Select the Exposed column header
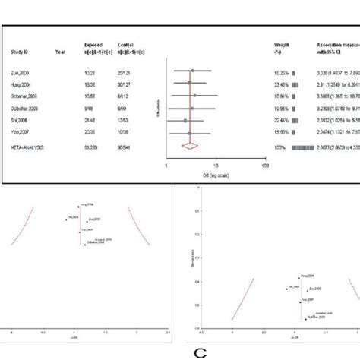pyautogui.click(x=93, y=46)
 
